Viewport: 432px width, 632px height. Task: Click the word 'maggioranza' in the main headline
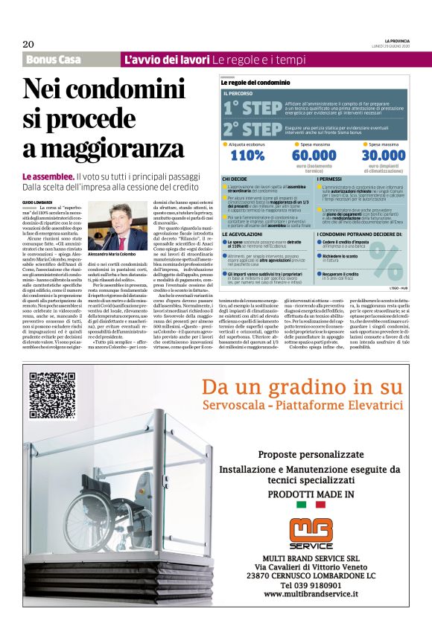[x=93, y=148]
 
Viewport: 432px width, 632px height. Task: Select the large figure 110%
[x=247, y=156]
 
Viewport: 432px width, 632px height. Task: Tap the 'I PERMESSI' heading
[x=331, y=179]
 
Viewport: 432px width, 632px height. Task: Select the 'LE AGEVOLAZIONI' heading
[x=242, y=234]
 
